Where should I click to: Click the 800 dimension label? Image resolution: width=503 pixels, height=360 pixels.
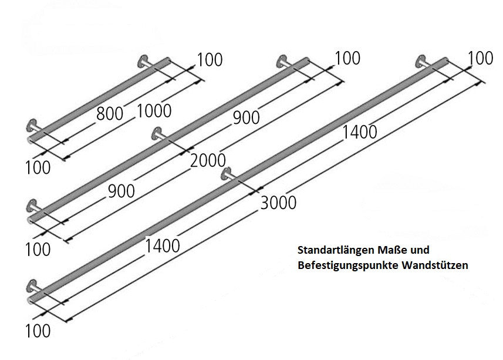click(x=110, y=113)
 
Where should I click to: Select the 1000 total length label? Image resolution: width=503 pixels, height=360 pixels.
click(x=154, y=110)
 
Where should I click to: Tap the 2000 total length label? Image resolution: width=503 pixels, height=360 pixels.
click(x=208, y=159)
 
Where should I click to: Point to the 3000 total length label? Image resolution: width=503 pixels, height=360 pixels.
click(x=278, y=203)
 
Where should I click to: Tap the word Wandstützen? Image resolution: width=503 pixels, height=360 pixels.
click(x=435, y=265)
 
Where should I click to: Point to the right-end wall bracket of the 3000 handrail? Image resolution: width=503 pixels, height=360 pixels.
click(x=422, y=61)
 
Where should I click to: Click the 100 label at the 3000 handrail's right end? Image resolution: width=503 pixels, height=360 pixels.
click(x=481, y=58)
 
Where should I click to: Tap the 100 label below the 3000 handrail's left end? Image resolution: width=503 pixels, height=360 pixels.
click(x=38, y=331)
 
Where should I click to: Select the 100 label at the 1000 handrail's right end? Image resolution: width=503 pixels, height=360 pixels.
click(x=210, y=59)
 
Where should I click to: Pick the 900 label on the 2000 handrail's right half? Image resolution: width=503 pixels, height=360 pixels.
click(x=247, y=117)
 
